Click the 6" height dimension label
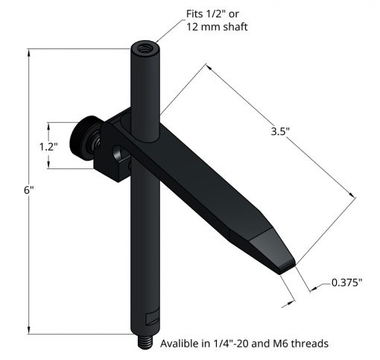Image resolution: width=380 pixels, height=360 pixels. pos(28,191)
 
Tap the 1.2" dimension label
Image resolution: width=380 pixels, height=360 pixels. pos(48,147)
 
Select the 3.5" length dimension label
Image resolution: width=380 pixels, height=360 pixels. pos(280,131)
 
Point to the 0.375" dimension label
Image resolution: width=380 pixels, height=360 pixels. pos(347,282)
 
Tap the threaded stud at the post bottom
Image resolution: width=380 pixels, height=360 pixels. pos(145,342)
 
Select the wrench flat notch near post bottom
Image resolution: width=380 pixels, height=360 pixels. pos(152,318)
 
